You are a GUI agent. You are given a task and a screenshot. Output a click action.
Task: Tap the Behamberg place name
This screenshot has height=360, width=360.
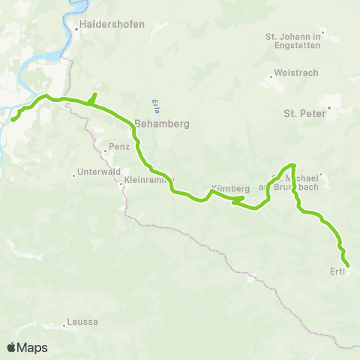161,124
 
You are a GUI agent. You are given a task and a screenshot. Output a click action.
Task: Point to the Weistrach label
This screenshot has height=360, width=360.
298,73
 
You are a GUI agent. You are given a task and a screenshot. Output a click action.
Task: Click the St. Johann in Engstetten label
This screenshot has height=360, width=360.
293,40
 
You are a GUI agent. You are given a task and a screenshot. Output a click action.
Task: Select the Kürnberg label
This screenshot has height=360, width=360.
229,187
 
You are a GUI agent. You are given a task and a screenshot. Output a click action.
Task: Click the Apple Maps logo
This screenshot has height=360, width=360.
27,347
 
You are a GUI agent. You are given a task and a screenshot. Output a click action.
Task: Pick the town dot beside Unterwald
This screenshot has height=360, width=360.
73,175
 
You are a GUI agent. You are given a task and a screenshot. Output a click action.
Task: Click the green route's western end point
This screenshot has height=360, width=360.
13,118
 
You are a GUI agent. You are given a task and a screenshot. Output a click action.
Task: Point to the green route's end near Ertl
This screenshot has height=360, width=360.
348,264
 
